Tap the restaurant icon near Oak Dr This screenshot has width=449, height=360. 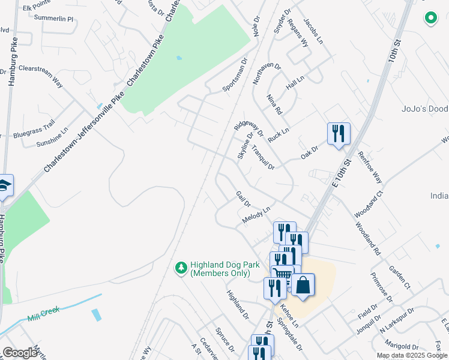[x=339, y=134]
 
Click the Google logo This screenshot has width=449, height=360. [x=20, y=353]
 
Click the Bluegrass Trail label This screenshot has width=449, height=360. [x=34, y=129]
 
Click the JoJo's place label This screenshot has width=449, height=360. [x=424, y=109]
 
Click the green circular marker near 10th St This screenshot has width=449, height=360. [x=430, y=19]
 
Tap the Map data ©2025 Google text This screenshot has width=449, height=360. [x=411, y=355]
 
